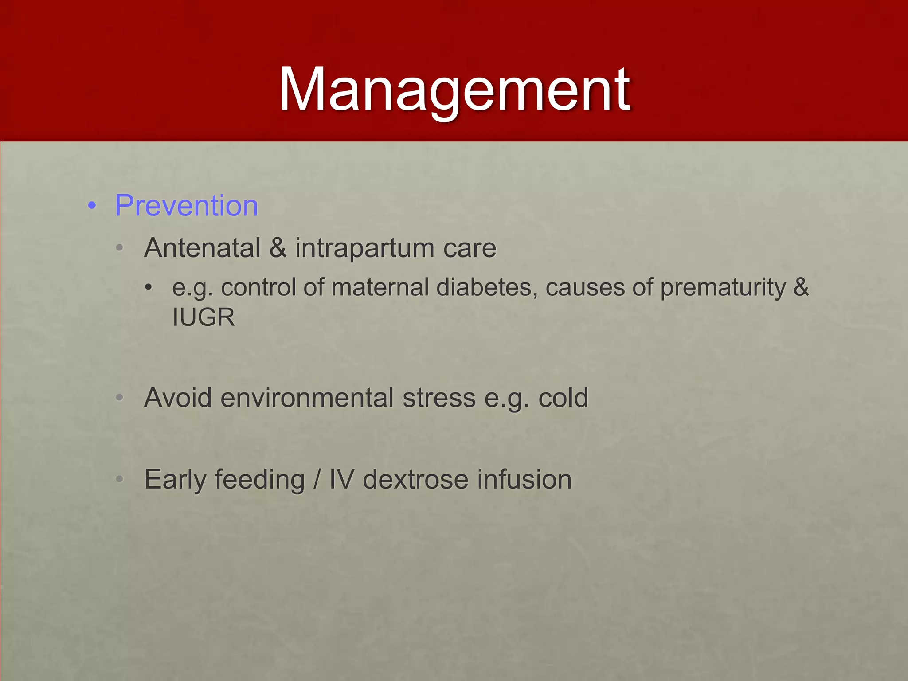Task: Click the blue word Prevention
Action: tap(186, 206)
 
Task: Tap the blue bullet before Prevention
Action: tap(92, 206)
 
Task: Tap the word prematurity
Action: tap(723, 287)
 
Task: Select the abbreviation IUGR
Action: tap(204, 317)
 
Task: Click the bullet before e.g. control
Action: tap(149, 287)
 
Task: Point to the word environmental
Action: tap(307, 398)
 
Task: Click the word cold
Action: tap(563, 398)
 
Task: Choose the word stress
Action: tap(439, 398)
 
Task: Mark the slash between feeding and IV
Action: tap(317, 480)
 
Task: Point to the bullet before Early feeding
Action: tap(119, 480)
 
